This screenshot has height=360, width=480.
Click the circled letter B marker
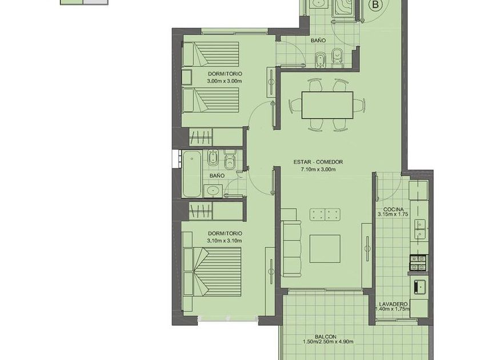coord(375,5)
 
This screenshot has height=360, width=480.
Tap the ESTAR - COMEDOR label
coord(318,162)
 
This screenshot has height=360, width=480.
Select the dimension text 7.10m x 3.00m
coord(318,169)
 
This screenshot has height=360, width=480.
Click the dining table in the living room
coord(327,105)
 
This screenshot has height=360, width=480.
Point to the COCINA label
coord(393,209)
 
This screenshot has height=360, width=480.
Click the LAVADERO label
coord(393,304)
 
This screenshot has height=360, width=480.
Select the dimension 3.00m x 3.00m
coord(225,81)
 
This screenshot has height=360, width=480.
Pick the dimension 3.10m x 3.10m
coord(225,241)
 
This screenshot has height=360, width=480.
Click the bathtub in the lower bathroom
coord(192,174)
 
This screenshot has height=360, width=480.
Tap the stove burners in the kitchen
coord(418,263)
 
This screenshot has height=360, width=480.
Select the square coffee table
coord(325,249)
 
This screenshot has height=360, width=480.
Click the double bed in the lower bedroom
coord(212,272)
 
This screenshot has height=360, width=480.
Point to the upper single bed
coord(211,54)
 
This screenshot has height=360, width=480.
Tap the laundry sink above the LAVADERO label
coord(421,287)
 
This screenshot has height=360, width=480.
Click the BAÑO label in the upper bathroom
coord(318,41)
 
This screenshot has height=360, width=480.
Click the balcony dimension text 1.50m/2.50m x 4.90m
coord(328,342)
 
